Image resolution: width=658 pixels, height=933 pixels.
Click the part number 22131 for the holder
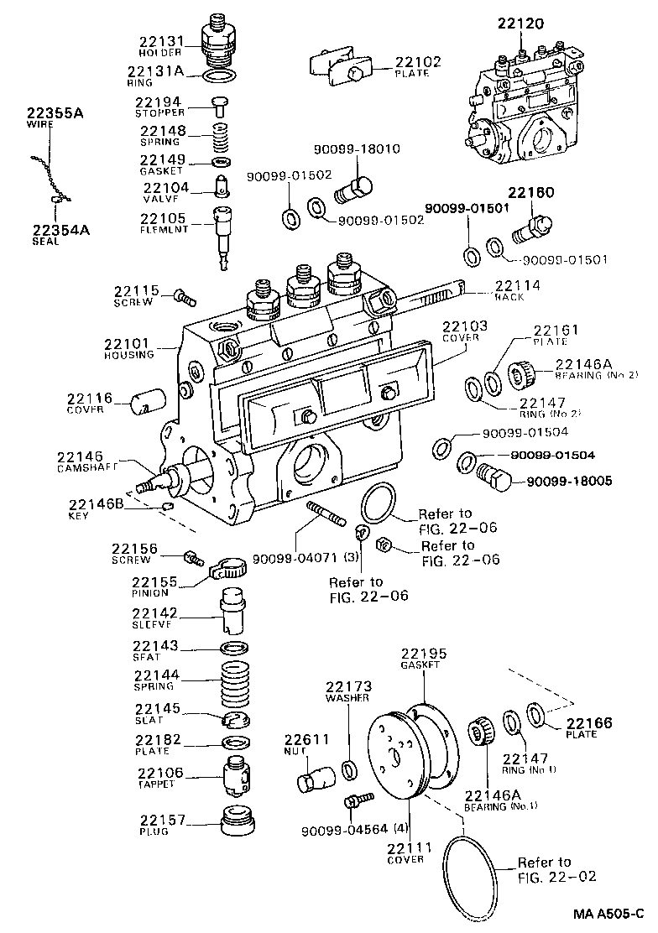pyautogui.click(x=157, y=40)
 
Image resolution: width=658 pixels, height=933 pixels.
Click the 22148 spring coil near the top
pyautogui.click(x=222, y=133)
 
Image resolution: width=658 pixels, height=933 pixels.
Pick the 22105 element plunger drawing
pyautogui.click(x=223, y=235)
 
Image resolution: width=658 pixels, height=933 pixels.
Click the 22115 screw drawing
pyautogui.click(x=184, y=295)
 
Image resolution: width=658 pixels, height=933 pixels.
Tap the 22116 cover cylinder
pyautogui.click(x=143, y=402)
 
